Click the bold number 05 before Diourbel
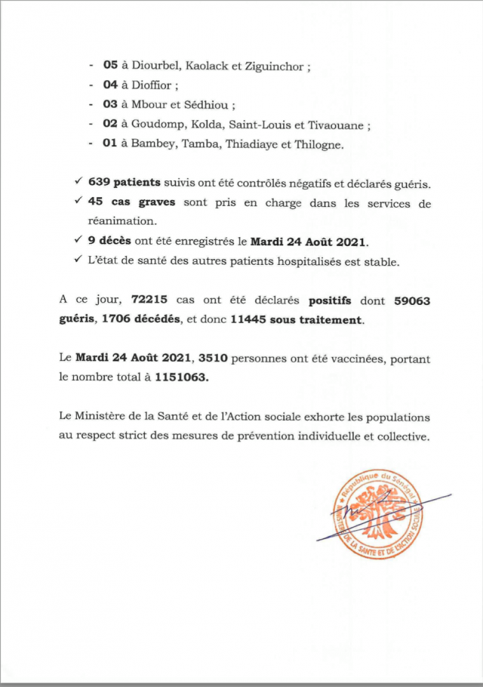[112, 66]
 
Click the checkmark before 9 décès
[79, 242]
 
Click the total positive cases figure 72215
[141, 301]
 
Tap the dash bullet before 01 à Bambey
[91, 145]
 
